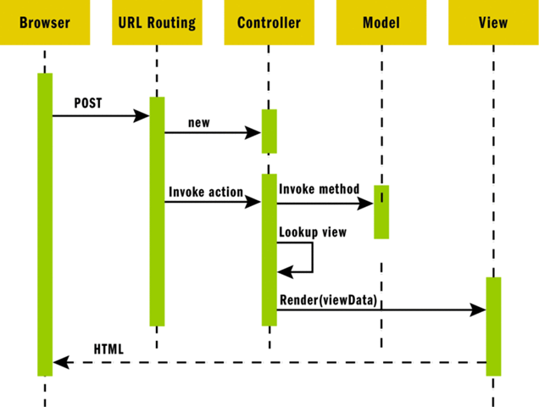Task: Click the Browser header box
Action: click(44, 23)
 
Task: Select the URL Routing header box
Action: click(156, 23)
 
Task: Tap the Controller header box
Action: click(269, 23)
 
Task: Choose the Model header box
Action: click(381, 23)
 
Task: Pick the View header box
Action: click(493, 23)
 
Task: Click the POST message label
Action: click(87, 103)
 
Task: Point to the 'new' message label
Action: click(198, 122)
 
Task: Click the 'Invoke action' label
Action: click(205, 192)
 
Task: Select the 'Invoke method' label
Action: click(319, 188)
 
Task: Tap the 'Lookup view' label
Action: click(312, 231)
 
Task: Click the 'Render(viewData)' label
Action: click(327, 299)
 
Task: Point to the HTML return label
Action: click(108, 348)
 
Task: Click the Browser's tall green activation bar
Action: click(44, 224)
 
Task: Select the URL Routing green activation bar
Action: click(157, 211)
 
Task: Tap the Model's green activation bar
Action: click(381, 211)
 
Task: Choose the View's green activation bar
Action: click(493, 326)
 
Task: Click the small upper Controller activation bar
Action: click(269, 131)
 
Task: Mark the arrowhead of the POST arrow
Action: click(143, 115)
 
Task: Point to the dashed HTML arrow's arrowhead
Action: click(58, 363)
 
